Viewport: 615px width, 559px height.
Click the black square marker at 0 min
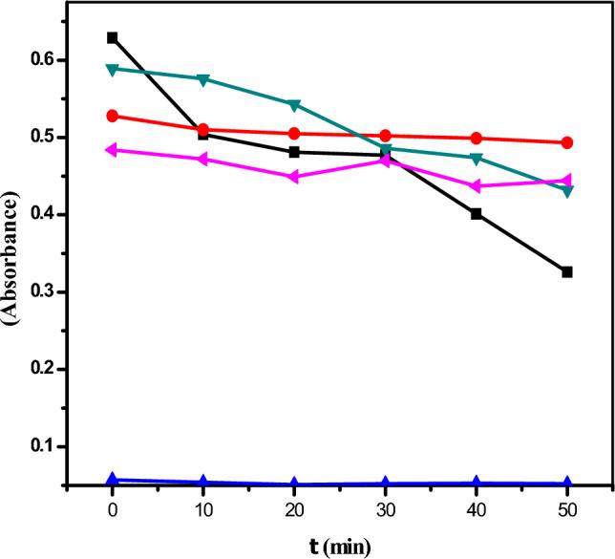coord(113,37)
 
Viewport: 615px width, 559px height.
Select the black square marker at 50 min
coord(567,272)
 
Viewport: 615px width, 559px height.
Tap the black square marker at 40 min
coord(477,214)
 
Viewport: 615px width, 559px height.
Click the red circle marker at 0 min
coord(113,116)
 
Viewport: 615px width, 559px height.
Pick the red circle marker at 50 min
coord(567,142)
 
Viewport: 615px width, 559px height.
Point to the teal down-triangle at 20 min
coord(294,104)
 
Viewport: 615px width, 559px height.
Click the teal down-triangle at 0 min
coord(113,70)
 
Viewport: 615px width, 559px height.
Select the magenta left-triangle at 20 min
coord(293,177)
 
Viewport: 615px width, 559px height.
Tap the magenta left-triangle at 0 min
coord(112,150)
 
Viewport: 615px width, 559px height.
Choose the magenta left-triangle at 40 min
coord(476,185)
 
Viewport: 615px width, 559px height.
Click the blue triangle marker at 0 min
coord(113,479)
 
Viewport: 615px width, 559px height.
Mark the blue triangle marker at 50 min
coord(567,483)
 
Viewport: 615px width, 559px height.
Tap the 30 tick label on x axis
coord(385,510)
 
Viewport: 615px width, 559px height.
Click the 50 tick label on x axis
coord(567,510)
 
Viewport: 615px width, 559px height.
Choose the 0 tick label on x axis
coord(113,510)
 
